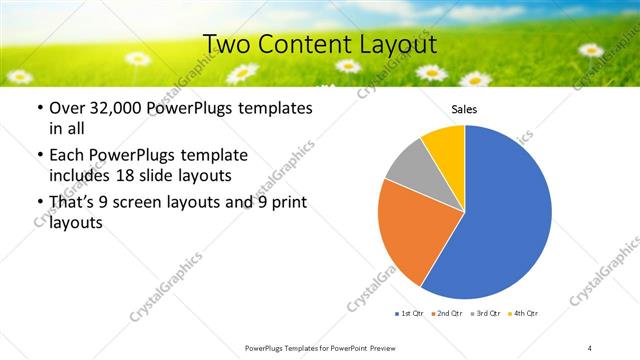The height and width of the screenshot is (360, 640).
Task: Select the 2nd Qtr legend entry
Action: tap(447, 314)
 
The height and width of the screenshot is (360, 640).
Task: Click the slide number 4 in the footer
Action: tap(590, 347)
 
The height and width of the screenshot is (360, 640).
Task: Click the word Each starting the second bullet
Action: tap(66, 155)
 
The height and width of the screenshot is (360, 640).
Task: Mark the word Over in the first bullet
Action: tap(67, 108)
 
